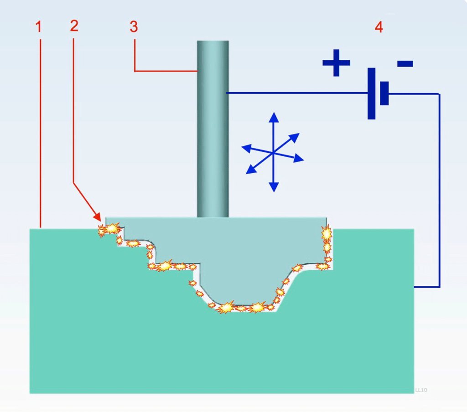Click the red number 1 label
tap(38, 26)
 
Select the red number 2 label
tap(74, 26)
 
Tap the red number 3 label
tap(134, 26)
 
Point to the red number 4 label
tap(379, 27)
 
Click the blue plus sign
tap(336, 63)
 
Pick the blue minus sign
tap(405, 63)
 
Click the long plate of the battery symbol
tap(371, 93)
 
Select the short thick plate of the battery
tap(384, 93)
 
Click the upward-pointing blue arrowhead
tap(274, 117)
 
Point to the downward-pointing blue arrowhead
tap(274, 187)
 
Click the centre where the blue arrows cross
tap(273, 153)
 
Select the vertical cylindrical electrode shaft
tap(213, 129)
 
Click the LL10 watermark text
tap(421, 390)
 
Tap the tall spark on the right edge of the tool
tap(327, 234)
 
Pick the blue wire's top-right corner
tap(439, 94)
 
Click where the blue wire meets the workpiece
tap(414, 287)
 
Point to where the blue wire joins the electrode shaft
tap(228, 93)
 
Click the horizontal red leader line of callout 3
tap(166, 71)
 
